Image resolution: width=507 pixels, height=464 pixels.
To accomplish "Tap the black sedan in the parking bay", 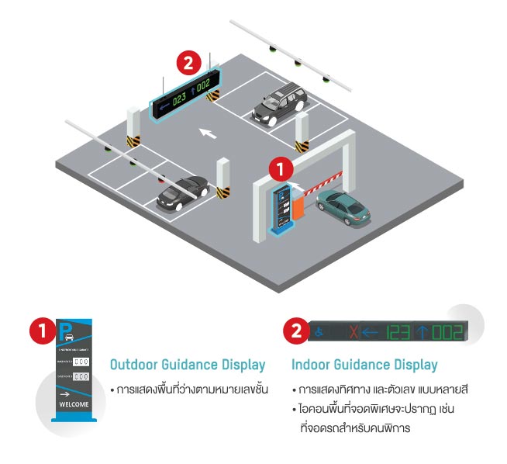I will [181, 192].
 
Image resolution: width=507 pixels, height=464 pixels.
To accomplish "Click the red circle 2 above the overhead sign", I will [191, 61].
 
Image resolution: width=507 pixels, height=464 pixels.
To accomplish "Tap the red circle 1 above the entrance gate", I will [281, 168].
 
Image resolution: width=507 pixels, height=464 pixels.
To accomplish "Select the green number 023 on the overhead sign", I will [179, 98].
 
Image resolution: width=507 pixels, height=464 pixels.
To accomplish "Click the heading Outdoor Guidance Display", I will [188, 365].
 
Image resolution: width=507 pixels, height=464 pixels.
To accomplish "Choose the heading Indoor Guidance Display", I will [364, 365].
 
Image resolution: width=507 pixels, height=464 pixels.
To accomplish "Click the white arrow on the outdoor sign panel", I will [65, 393].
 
